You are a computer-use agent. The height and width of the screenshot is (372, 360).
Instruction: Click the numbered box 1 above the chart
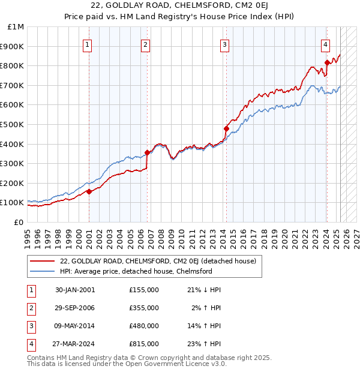[x=88, y=44]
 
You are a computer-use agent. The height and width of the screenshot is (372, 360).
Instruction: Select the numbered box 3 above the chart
[x=224, y=44]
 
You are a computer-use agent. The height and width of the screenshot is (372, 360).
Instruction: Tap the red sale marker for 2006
[x=147, y=152]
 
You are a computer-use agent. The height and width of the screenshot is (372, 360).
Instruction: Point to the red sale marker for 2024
[x=326, y=62]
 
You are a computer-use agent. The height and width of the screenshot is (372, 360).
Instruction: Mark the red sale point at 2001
[x=89, y=191]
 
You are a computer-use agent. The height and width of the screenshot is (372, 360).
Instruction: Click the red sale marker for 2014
[x=226, y=128]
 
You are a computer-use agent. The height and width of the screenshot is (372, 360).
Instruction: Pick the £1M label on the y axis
[x=16, y=27]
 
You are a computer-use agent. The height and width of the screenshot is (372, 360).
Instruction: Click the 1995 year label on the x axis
[x=28, y=235]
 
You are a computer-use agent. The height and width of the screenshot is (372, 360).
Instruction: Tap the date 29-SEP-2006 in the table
[x=75, y=308]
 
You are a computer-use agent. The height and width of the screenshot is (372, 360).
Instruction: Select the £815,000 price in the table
[x=144, y=344]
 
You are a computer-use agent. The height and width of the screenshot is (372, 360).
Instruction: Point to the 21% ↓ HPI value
[x=204, y=290]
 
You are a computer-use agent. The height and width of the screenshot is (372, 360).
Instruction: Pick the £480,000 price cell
[x=144, y=326]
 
